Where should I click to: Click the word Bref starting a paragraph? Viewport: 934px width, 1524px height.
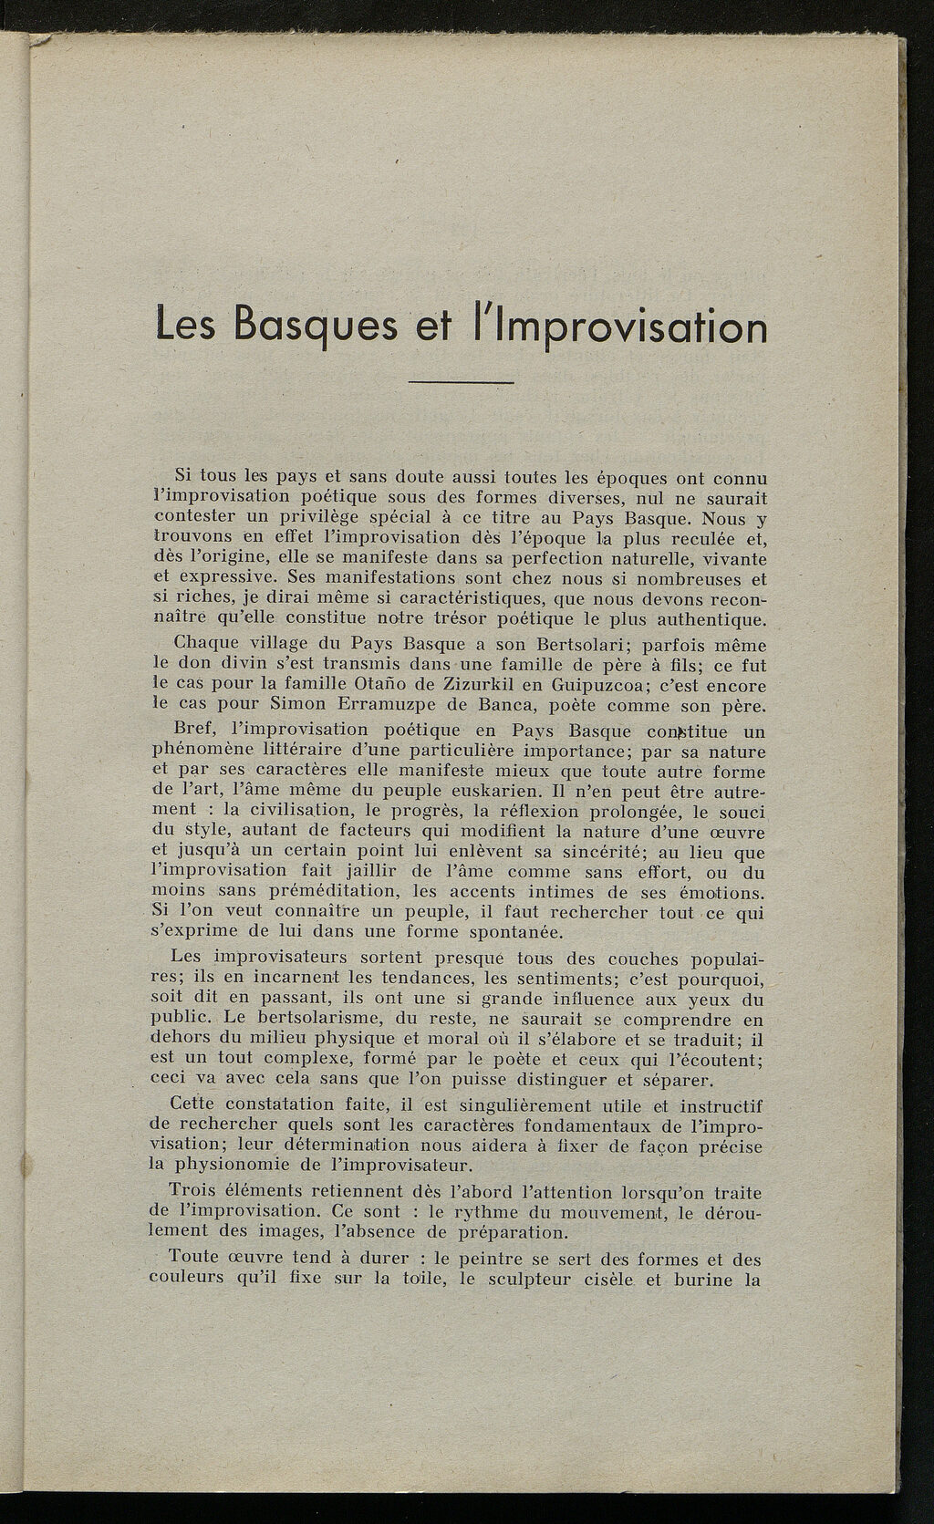click(x=192, y=730)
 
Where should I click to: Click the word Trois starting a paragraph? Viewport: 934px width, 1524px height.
click(x=195, y=1191)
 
